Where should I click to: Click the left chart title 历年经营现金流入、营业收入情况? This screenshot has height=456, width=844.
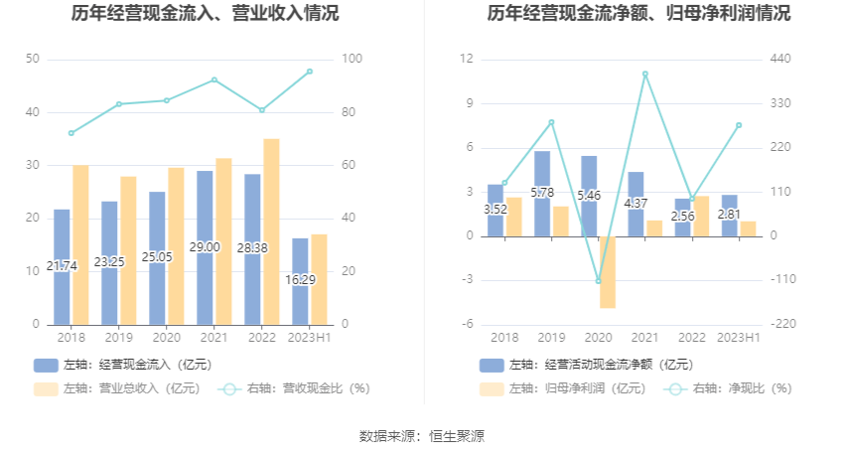pos(206,14)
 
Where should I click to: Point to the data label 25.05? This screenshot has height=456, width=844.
pos(157,256)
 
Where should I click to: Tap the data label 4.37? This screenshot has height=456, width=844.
pos(635,204)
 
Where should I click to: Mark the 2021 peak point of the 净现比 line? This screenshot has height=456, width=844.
pos(645,74)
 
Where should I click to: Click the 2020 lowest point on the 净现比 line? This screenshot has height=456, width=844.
pos(598,281)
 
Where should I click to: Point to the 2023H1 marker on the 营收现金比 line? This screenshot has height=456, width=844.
pos(310,72)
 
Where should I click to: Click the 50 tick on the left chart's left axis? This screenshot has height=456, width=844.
pos(33,60)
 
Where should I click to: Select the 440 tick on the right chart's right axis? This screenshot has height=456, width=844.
pos(780,60)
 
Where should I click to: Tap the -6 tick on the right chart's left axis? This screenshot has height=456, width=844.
pos(466,325)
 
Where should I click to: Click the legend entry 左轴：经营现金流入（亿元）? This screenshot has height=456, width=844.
pos(123,365)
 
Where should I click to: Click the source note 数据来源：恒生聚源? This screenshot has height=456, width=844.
pos(422,435)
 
